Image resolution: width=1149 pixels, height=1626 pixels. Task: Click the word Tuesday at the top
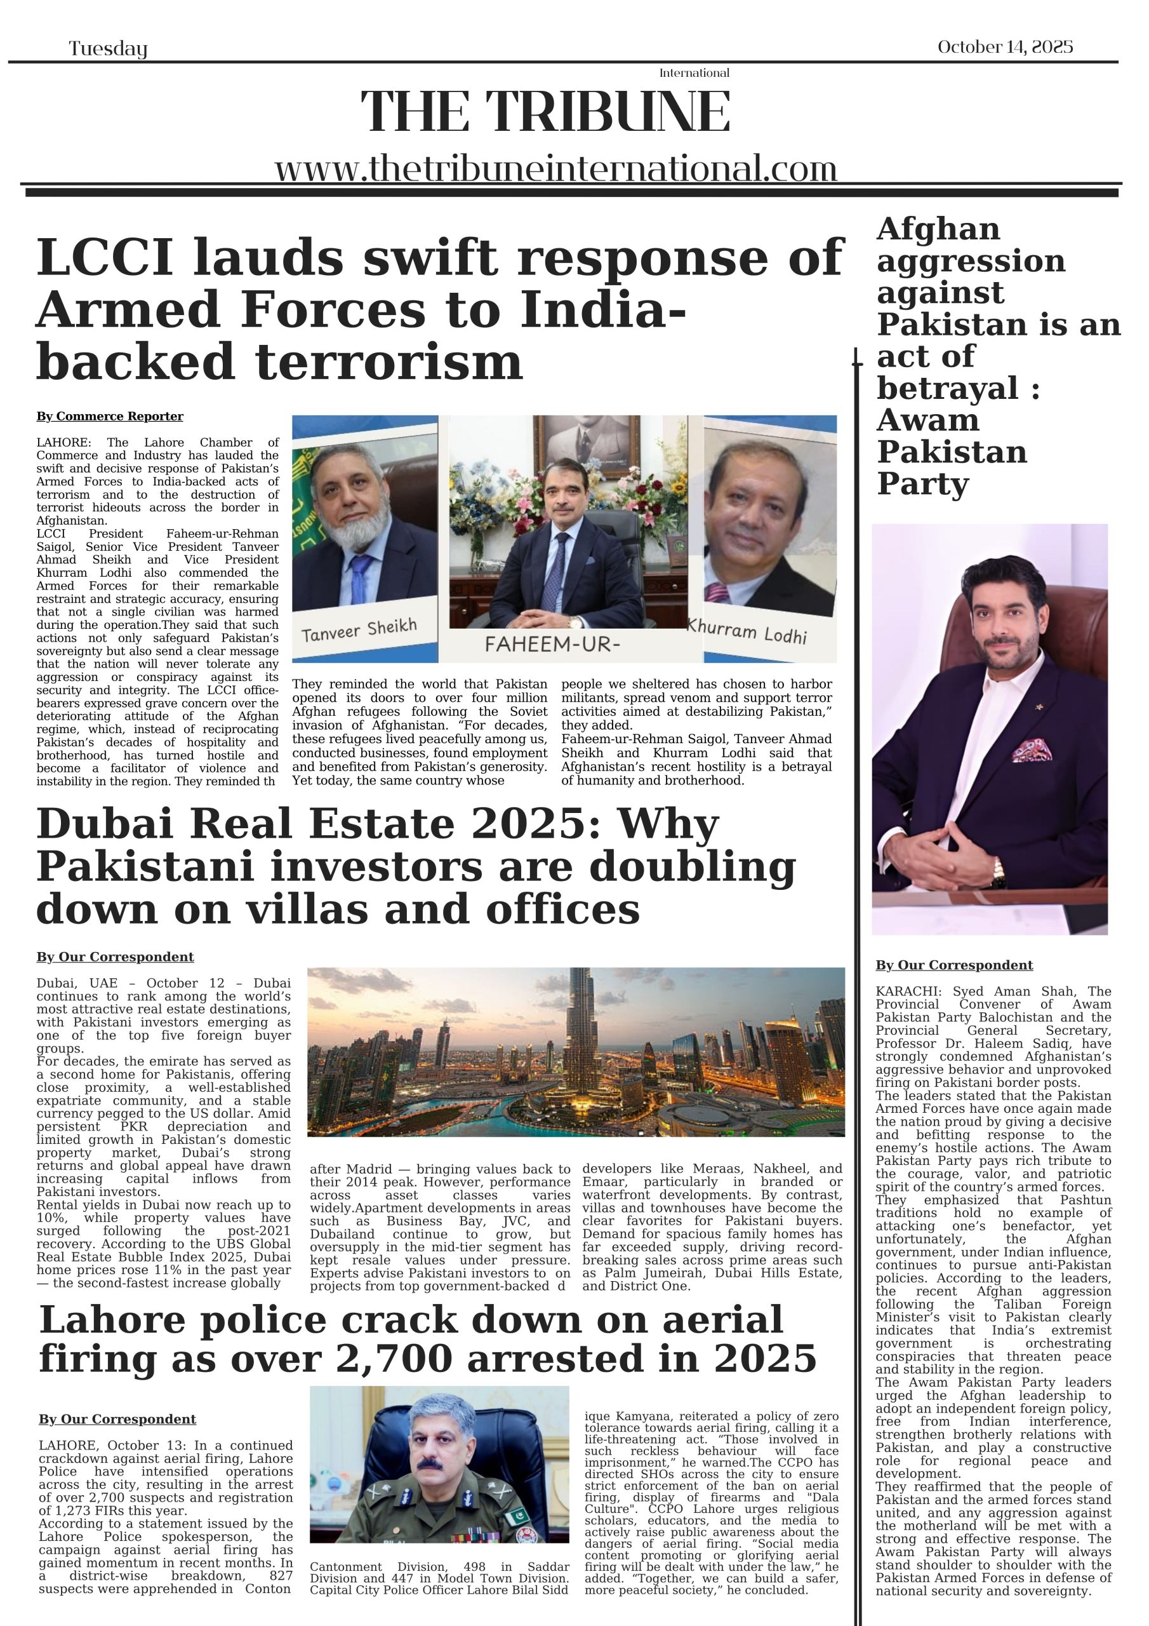(109, 49)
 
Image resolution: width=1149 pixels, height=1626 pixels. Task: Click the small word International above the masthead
(694, 73)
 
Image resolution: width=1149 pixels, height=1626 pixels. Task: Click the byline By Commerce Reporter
(110, 417)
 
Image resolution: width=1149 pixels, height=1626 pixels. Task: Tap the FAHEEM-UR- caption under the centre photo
(552, 644)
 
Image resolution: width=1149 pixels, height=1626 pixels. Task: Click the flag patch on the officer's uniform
(517, 1515)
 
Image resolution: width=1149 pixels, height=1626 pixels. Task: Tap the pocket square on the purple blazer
(1031, 750)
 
